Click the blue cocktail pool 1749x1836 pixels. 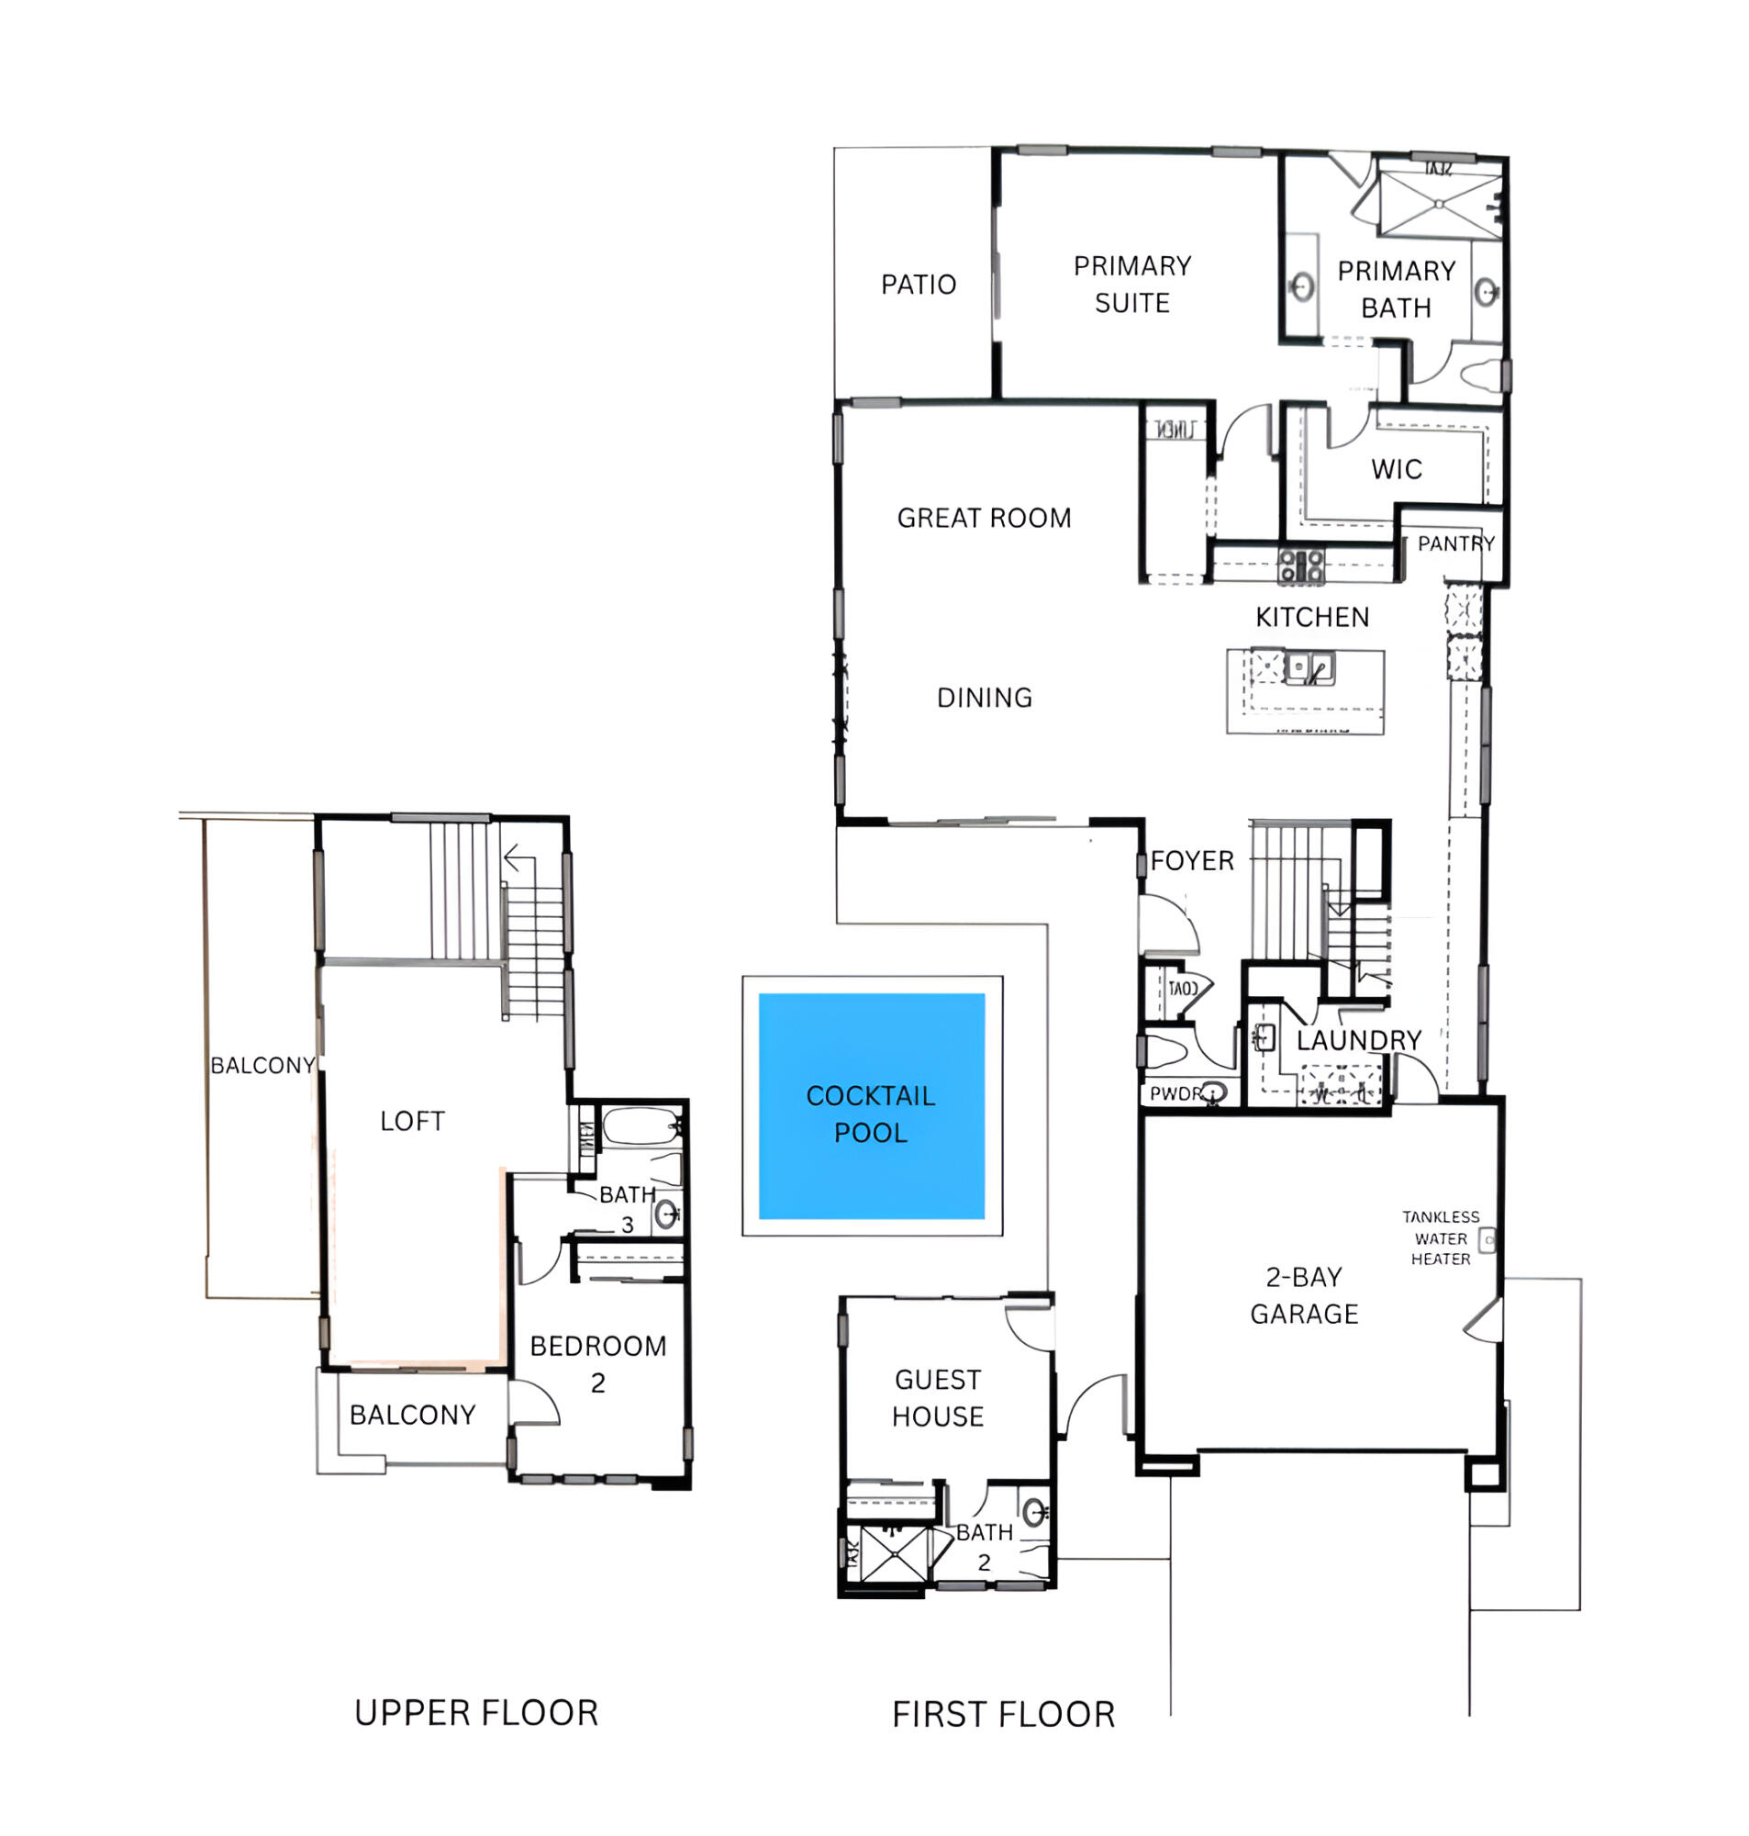[x=871, y=1106]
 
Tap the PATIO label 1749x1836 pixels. [x=919, y=285]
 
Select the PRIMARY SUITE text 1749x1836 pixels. [x=1131, y=285]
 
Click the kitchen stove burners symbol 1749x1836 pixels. [x=1300, y=567]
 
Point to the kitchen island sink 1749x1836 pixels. [x=1309, y=667]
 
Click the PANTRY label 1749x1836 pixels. [x=1455, y=543]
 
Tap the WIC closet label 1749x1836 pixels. [x=1396, y=469]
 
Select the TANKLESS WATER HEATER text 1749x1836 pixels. [x=1441, y=1238]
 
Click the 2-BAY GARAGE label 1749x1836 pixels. [x=1303, y=1295]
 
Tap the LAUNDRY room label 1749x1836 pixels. [x=1358, y=1041]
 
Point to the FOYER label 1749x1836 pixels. [x=1191, y=861]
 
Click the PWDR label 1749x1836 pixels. [x=1175, y=1093]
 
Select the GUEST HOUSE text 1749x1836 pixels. [x=937, y=1398]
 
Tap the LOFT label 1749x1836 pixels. [x=412, y=1121]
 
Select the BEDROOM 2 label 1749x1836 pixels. [x=597, y=1364]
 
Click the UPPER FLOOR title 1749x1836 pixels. [x=475, y=1714]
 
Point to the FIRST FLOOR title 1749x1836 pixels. [x=1003, y=1716]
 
